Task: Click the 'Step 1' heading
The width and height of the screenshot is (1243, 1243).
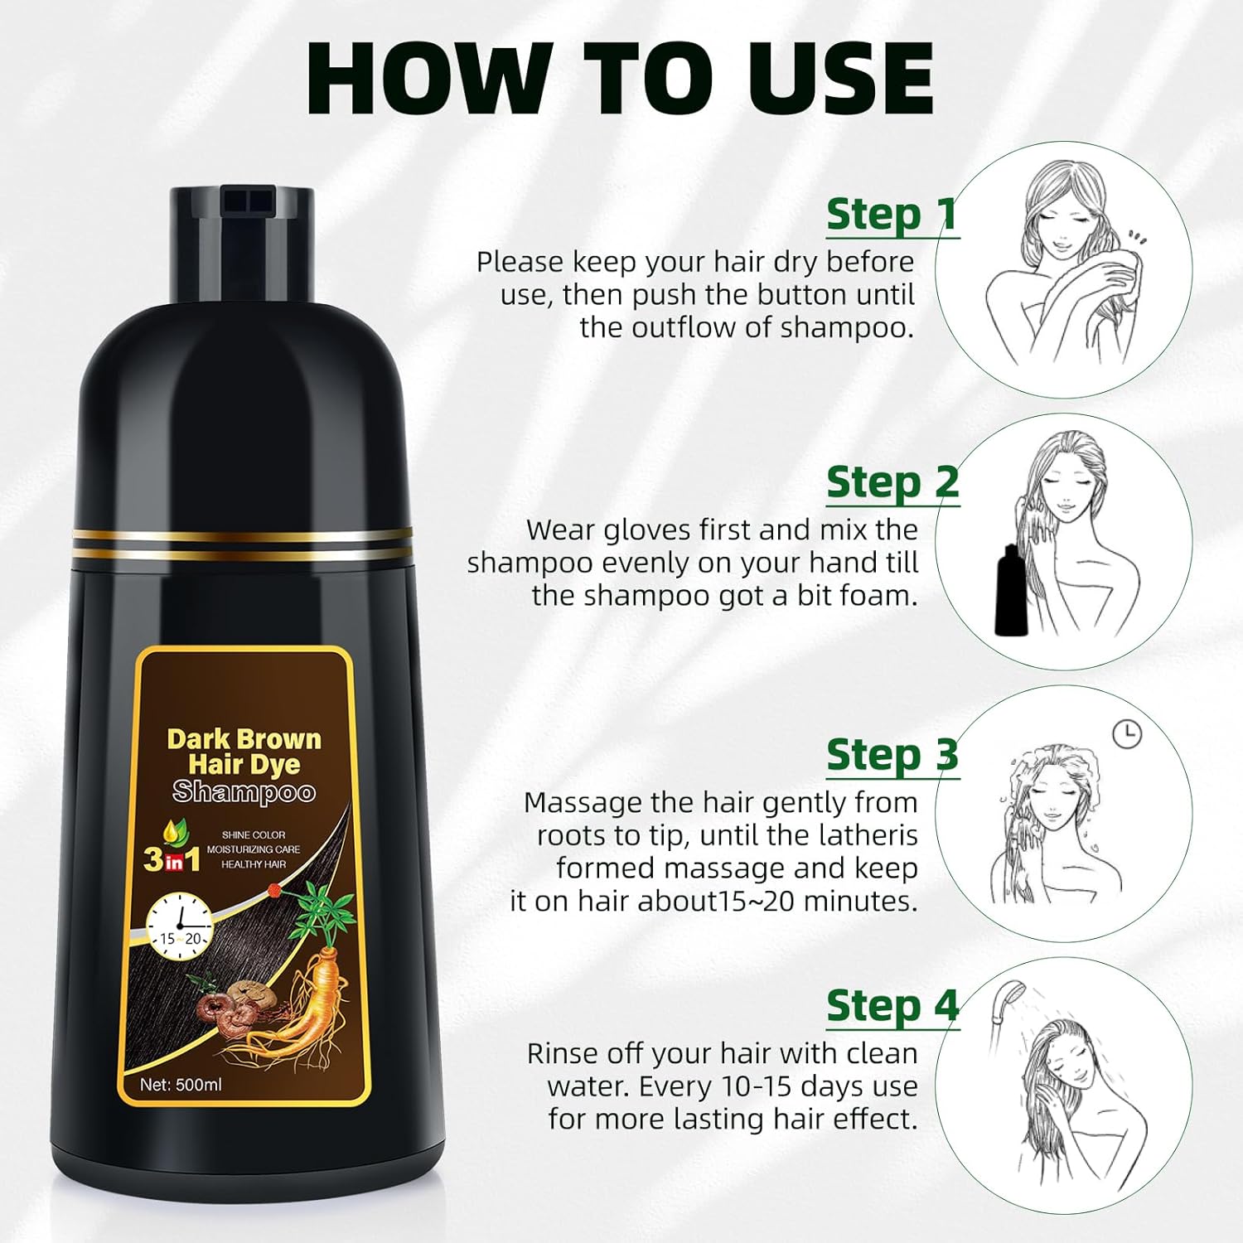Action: click(x=892, y=215)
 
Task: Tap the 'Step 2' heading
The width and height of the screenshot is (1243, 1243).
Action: click(x=892, y=482)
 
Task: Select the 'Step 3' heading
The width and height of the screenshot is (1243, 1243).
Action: click(x=892, y=755)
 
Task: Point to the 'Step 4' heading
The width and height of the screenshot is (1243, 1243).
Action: click(x=892, y=1006)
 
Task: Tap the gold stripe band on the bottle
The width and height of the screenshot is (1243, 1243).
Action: click(x=242, y=543)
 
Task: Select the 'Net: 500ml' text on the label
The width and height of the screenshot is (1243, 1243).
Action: click(x=181, y=1084)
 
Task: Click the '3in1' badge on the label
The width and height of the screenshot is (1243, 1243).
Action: click(x=172, y=858)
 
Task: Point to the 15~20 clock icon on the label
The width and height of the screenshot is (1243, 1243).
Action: click(x=180, y=925)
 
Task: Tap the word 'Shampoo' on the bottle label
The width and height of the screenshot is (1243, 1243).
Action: click(x=244, y=792)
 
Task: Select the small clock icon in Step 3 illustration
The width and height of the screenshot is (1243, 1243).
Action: click(x=1126, y=733)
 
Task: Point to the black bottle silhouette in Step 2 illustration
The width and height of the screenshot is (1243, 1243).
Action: click(x=1010, y=591)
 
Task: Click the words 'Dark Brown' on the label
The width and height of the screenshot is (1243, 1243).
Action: click(x=244, y=738)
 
